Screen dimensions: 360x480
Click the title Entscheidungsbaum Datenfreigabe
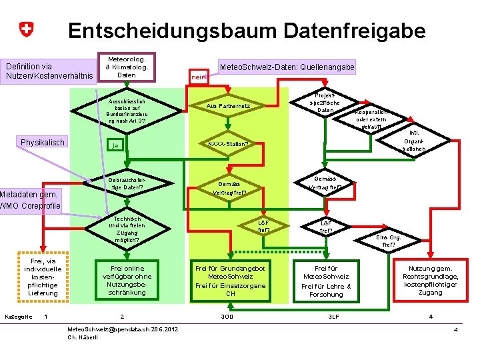[247, 30]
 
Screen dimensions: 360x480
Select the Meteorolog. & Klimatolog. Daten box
[126, 67]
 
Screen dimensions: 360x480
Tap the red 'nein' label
[199, 77]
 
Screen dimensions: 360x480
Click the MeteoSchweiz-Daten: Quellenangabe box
[287, 67]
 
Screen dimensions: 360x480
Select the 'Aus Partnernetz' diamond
[228, 106]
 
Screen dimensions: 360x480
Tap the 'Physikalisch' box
[43, 143]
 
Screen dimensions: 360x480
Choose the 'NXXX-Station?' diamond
[228, 143]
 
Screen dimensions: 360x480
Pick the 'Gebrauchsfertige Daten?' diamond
[126, 183]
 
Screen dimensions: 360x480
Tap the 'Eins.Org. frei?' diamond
[388, 241]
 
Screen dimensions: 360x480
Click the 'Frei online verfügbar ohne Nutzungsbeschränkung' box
[126, 280]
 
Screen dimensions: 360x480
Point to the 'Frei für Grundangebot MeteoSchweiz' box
[230, 280]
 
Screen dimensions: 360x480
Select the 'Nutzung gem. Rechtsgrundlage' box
[430, 280]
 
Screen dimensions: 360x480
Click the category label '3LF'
[334, 316]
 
